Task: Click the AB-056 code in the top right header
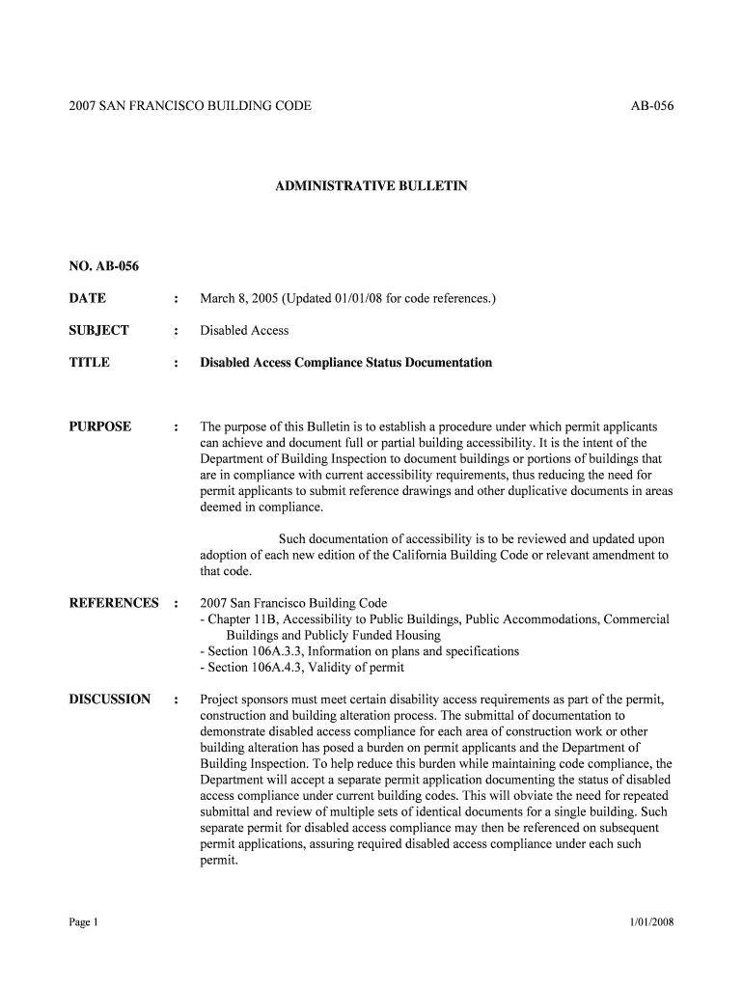click(651, 105)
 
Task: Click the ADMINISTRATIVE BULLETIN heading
click(371, 184)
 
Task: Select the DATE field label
click(88, 298)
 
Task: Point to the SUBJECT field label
click(98, 330)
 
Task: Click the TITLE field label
click(90, 363)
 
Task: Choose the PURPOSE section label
click(99, 426)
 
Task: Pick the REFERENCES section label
click(114, 603)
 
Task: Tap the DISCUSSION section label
click(110, 699)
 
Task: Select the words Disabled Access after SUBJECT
click(244, 330)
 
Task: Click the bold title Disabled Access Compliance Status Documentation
click(345, 363)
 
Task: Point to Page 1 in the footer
click(84, 922)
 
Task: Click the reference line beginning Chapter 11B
click(434, 619)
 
